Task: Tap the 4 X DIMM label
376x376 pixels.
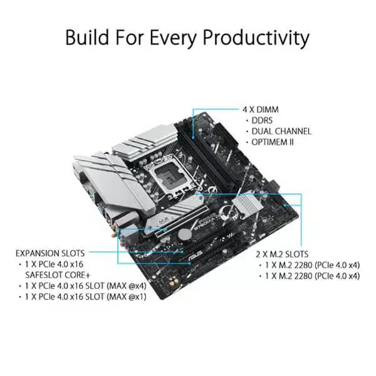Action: click(260, 109)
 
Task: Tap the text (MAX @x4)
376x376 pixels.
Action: click(128, 286)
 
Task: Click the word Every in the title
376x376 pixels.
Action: click(169, 37)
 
